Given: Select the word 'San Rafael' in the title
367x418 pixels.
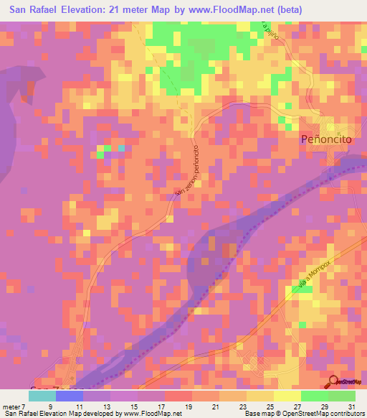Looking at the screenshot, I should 37,10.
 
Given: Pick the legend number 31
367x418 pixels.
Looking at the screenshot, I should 351,406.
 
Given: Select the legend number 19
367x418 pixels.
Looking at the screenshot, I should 189,406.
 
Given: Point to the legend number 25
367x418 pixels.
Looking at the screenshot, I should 270,406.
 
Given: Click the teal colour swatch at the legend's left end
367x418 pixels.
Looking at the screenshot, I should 42,396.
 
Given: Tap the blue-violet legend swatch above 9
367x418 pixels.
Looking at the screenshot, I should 69,396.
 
